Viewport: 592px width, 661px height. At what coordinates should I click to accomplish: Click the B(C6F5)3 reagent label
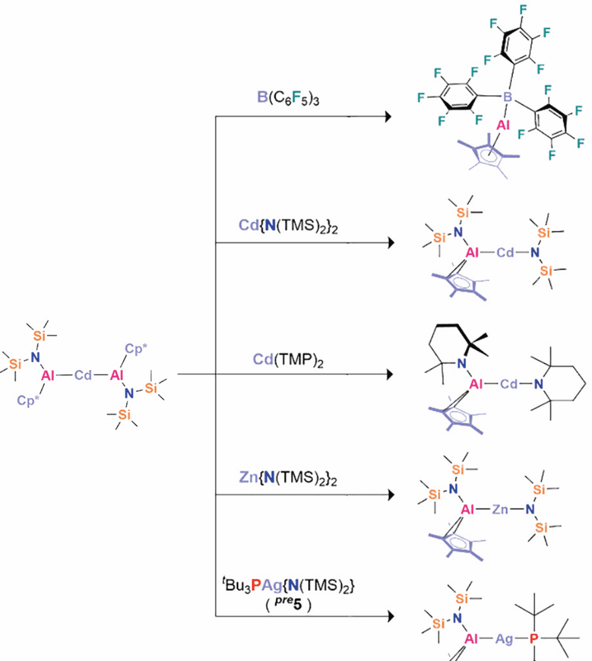pos(288,98)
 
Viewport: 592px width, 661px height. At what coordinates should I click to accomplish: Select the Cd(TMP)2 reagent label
pos(288,360)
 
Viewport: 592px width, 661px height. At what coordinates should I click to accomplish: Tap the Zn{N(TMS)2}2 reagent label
pos(288,478)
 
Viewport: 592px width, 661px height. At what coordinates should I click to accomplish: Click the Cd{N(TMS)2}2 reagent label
pos(288,225)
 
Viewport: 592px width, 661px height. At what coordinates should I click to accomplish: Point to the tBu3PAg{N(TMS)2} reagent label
pos(288,585)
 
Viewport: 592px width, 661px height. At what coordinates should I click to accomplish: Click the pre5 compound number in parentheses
pos(288,604)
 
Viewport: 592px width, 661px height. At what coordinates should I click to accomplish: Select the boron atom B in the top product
pos(507,97)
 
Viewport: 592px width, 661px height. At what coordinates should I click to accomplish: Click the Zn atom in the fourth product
pos(500,509)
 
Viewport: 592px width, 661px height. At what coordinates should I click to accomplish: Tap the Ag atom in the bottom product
pos(504,639)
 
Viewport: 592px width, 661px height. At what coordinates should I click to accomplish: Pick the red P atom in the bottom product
pos(534,639)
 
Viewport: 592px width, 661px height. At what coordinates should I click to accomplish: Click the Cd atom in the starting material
pos(83,375)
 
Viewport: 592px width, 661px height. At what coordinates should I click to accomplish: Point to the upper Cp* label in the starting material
pos(136,349)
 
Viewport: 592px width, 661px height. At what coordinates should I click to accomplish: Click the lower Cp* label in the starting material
pos(28,400)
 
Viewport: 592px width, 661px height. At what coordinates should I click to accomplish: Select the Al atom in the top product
pos(503,125)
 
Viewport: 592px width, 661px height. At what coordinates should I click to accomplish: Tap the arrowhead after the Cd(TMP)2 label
pos(389,374)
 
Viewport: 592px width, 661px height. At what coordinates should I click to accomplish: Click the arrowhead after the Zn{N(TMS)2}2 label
pos(390,494)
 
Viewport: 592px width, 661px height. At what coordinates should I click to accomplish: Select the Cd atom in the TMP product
pos(509,383)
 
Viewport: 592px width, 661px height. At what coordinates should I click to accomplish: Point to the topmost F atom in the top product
pos(523,10)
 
